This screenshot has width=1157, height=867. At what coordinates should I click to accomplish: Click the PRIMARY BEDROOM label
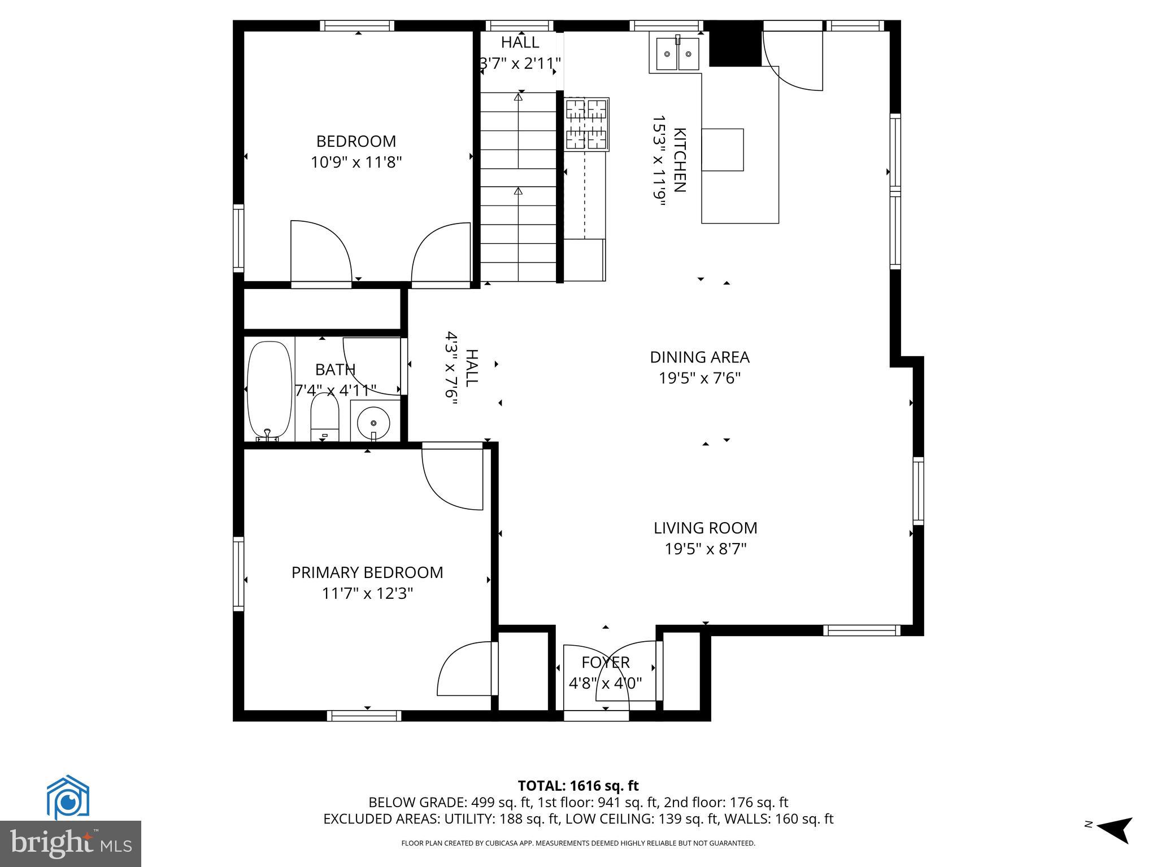pyautogui.click(x=367, y=572)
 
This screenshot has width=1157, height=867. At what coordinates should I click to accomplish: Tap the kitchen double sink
pyautogui.click(x=677, y=54)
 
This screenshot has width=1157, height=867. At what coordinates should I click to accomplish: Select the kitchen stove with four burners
pyautogui.click(x=587, y=124)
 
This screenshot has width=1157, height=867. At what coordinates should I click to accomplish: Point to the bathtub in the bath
pyautogui.click(x=269, y=389)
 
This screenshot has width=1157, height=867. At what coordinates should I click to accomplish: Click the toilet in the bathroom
pyautogui.click(x=324, y=418)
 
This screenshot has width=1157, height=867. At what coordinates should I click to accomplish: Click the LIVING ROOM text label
pyautogui.click(x=705, y=528)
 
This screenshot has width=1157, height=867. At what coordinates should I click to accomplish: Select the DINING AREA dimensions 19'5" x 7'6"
pyautogui.click(x=699, y=378)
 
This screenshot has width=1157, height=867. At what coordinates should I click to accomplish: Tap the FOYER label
pyautogui.click(x=606, y=662)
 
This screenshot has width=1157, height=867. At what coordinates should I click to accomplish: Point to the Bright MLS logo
pyautogui.click(x=71, y=843)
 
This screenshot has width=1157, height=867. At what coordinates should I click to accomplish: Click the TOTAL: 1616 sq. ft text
pyautogui.click(x=578, y=786)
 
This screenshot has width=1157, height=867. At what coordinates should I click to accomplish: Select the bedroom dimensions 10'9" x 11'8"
pyautogui.click(x=356, y=163)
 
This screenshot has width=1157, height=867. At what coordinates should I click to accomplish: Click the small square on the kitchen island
pyautogui.click(x=722, y=150)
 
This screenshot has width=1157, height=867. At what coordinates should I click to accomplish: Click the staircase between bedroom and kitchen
pyautogui.click(x=518, y=186)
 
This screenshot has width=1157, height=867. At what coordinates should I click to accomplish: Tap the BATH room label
pyautogui.click(x=335, y=370)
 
